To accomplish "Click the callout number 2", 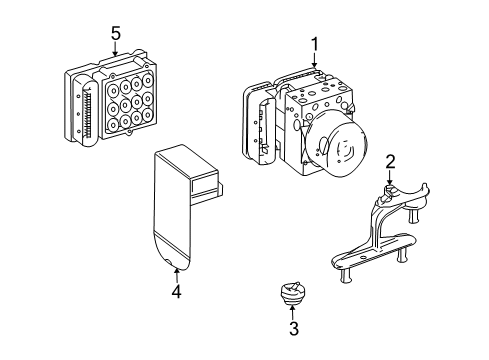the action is tap(390, 162).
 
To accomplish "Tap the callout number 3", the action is tap(294, 328).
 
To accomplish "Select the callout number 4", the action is tap(176, 291).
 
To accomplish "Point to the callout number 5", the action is tap(115, 34).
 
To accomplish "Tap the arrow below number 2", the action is tap(390, 177).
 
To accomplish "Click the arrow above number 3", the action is tap(292, 312).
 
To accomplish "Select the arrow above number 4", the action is tap(176, 276).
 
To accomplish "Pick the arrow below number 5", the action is tap(115, 49).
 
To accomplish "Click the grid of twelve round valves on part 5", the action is tap(130, 103).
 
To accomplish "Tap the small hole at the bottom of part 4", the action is tap(169, 262).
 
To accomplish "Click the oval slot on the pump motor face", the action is tap(323, 145).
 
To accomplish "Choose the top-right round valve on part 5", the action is tap(148, 80).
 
